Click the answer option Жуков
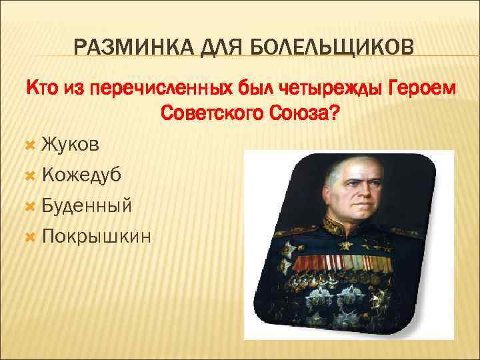[72, 143]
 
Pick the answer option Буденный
[86, 205]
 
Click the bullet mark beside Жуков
[29, 144]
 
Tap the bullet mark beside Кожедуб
[29, 175]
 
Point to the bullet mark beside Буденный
[29, 205]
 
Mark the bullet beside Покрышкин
[29, 236]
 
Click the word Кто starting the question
[41, 87]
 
